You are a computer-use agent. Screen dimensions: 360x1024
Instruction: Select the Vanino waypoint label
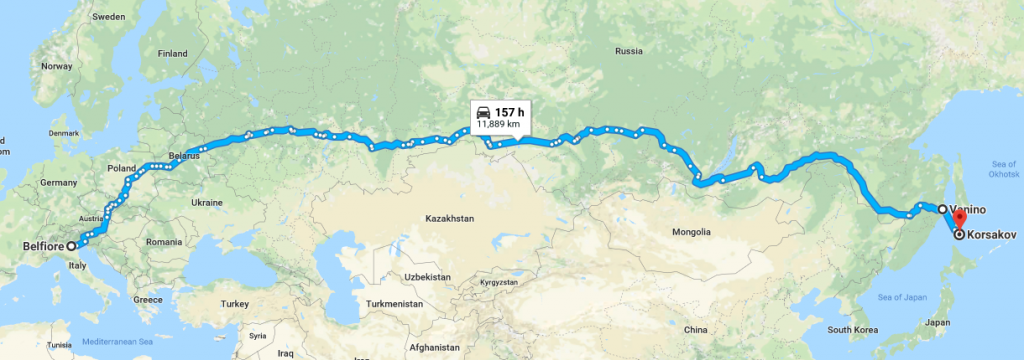tap(970, 210)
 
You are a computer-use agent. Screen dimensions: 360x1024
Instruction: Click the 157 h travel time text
tap(509, 112)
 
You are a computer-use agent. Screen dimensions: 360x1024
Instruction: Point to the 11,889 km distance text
tap(498, 124)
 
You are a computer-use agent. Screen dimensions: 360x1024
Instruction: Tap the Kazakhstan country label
tap(448, 217)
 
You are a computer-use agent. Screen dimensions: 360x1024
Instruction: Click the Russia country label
tap(629, 51)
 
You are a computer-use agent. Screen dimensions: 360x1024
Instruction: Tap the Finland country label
tap(173, 53)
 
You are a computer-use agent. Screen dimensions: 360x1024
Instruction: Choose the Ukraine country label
tap(206, 202)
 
